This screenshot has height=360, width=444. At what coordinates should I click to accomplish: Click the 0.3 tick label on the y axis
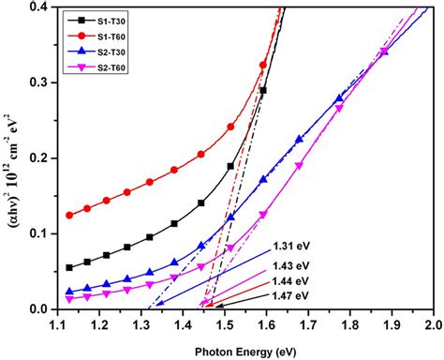tap(39, 82)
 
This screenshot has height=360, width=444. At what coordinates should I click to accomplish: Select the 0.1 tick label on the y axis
tap(39, 233)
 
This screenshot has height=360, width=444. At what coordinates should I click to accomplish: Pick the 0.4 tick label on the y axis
tap(39, 7)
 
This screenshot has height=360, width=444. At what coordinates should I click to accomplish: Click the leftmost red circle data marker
tap(69, 215)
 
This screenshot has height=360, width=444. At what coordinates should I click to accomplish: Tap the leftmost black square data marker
tap(69, 267)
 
